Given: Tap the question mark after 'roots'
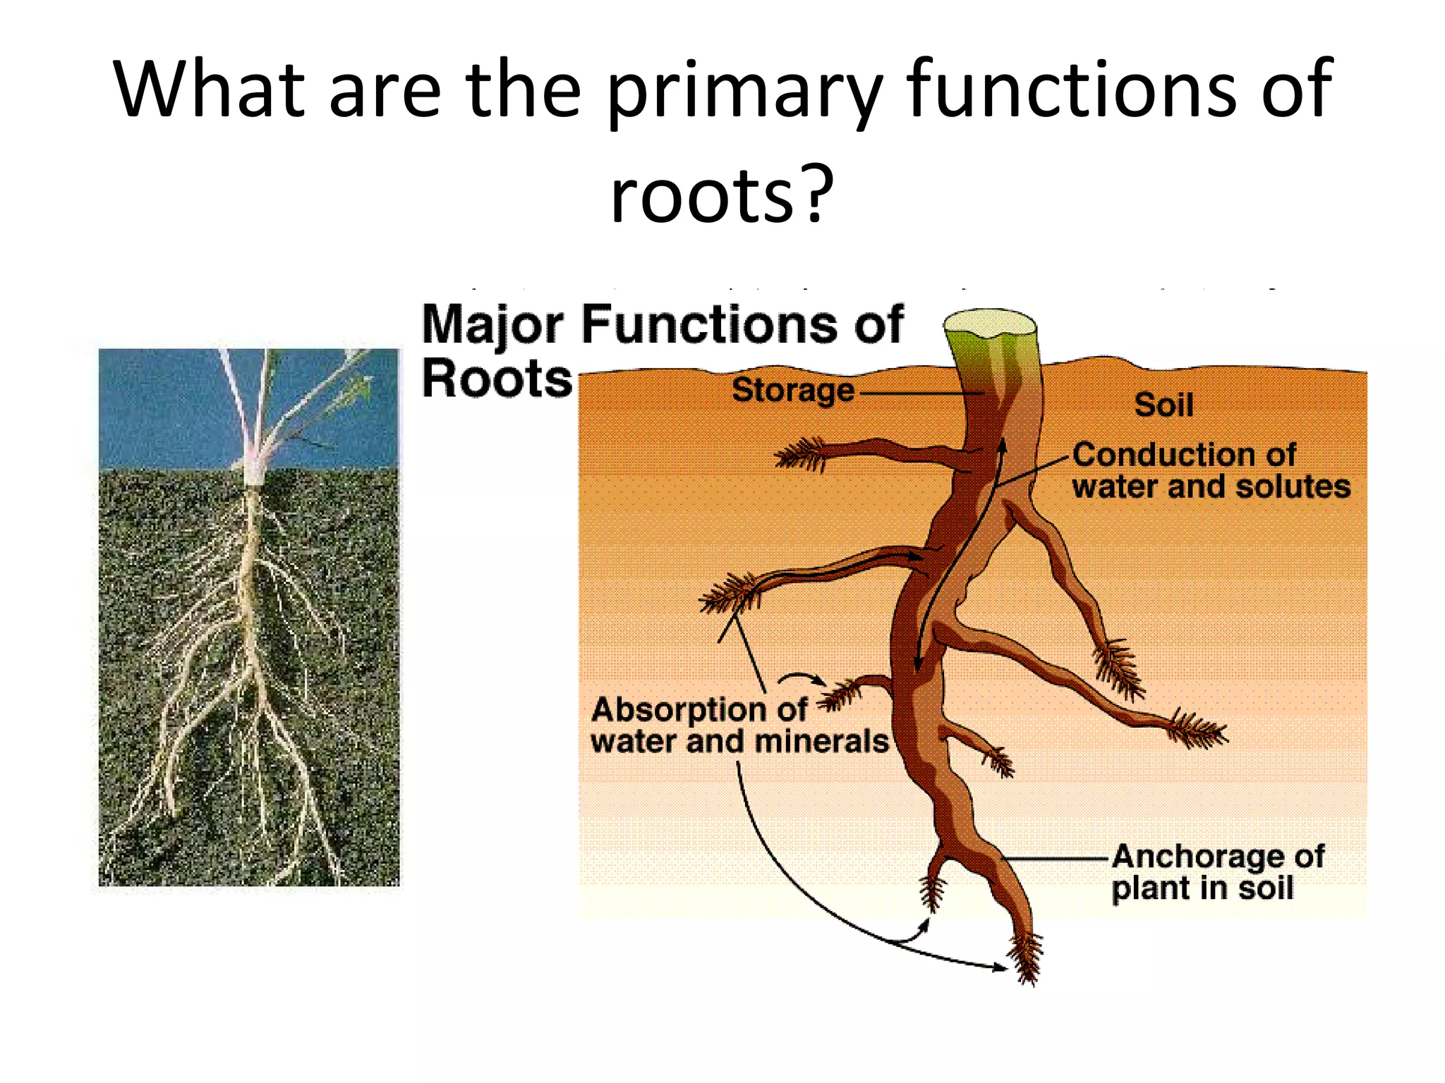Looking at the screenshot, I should [816, 195].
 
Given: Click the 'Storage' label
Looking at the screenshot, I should [792, 390].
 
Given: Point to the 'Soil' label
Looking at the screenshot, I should [1163, 405].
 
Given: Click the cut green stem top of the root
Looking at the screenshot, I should [991, 324].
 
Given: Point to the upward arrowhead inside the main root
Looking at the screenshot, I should [1001, 445].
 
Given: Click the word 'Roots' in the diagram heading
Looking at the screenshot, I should [497, 379].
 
